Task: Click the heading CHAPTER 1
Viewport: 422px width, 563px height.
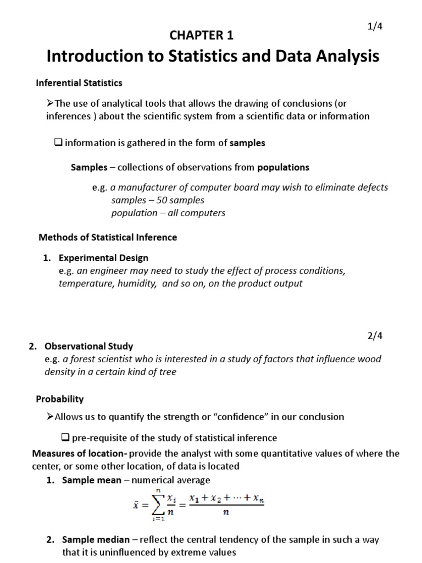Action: pyautogui.click(x=201, y=36)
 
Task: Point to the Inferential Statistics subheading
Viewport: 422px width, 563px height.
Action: pyautogui.click(x=79, y=83)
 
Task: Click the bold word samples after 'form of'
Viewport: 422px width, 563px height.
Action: pyautogui.click(x=247, y=143)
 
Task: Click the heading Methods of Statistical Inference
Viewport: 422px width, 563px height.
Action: pyautogui.click(x=108, y=238)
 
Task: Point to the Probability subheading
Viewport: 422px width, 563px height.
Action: pyautogui.click(x=60, y=399)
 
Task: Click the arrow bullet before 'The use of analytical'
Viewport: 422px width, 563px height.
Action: pyautogui.click(x=51, y=103)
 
